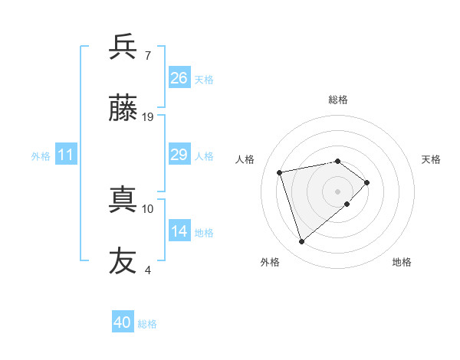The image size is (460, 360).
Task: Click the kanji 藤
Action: click(x=123, y=109)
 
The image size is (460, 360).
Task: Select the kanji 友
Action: click(x=123, y=261)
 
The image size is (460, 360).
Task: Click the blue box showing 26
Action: click(x=179, y=77)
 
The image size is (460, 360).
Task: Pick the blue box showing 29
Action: click(x=179, y=155)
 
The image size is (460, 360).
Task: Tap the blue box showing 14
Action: click(x=179, y=231)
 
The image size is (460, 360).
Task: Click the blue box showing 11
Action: click(x=66, y=155)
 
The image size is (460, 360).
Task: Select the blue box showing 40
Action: click(x=123, y=322)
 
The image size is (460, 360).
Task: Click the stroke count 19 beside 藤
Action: click(x=148, y=117)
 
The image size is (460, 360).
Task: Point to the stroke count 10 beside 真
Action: click(x=148, y=208)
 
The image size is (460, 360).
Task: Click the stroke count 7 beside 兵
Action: click(x=147, y=55)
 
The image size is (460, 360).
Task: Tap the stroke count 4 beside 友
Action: click(x=147, y=270)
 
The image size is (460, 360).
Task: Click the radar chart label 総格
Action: click(x=338, y=100)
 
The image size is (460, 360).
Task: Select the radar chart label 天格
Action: click(x=431, y=159)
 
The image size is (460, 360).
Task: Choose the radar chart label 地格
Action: click(x=402, y=262)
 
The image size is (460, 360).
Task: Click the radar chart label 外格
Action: click(x=270, y=262)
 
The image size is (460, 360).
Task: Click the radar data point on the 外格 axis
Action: click(x=302, y=242)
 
